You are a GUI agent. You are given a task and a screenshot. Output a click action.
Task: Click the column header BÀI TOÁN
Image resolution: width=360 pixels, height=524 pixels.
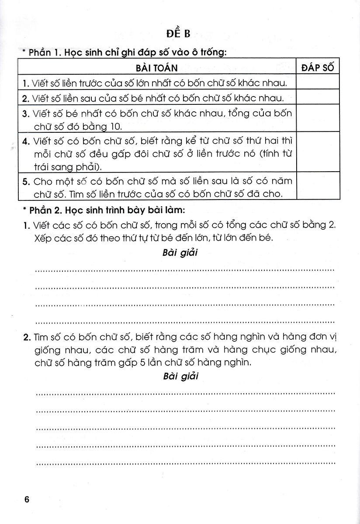pos(157,68)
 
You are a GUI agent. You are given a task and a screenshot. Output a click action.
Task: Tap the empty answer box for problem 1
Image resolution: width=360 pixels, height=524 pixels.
pos(318,82)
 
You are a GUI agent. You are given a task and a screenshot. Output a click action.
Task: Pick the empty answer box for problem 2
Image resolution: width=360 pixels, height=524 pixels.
pos(318,97)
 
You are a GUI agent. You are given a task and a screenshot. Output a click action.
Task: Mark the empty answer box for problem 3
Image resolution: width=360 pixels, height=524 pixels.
pos(318,119)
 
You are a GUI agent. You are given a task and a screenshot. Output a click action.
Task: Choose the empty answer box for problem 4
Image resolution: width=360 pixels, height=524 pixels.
pos(318,153)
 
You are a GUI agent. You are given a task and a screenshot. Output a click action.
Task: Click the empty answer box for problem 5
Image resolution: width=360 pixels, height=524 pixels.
pos(318,187)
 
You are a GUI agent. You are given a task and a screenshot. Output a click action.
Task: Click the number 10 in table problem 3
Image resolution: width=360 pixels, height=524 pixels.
pos(118,127)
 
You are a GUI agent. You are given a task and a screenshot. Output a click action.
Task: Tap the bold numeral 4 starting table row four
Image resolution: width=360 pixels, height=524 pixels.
pos(25,141)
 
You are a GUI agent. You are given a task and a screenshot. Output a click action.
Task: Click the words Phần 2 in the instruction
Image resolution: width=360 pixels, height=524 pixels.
pos(44,210)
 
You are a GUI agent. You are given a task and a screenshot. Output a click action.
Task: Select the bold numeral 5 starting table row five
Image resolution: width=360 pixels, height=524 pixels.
pos(25,180)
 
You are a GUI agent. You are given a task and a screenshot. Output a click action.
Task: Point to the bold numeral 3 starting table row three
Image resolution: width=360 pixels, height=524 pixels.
pos(25,114)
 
